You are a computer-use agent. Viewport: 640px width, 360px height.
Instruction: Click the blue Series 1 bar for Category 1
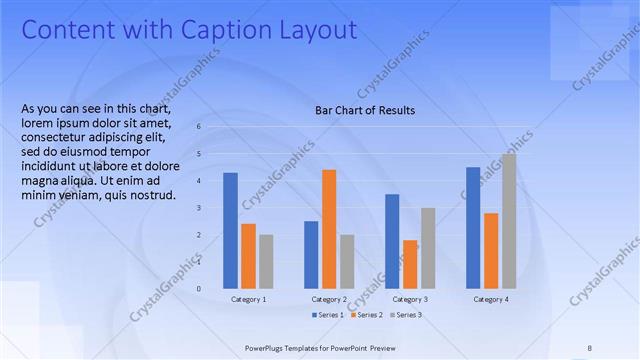coord(230,231)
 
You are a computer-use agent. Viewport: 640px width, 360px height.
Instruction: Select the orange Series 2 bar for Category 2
coord(329,229)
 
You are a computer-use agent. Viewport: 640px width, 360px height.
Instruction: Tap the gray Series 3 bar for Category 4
coord(509,221)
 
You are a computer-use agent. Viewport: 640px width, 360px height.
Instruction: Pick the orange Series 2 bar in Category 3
coord(410,264)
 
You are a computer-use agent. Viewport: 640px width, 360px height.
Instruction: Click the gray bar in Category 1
coord(266,262)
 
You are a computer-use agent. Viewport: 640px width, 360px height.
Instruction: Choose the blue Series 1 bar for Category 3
coord(392,241)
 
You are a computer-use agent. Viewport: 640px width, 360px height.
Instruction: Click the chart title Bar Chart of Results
coord(365,110)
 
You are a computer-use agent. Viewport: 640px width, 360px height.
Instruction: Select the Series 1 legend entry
coord(327,315)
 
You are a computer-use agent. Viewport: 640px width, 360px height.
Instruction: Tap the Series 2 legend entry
coord(366,315)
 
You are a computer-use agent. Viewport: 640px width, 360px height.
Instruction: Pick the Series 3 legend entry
coord(405,315)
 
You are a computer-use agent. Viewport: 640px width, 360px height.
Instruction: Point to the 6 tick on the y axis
coord(199,127)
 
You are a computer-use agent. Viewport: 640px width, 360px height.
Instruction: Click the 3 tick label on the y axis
coord(199,208)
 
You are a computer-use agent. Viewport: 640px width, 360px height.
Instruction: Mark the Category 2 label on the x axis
coord(329,299)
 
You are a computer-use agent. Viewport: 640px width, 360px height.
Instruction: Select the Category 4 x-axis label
coord(491,299)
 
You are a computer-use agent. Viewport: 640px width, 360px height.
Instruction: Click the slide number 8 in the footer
coord(589,347)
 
